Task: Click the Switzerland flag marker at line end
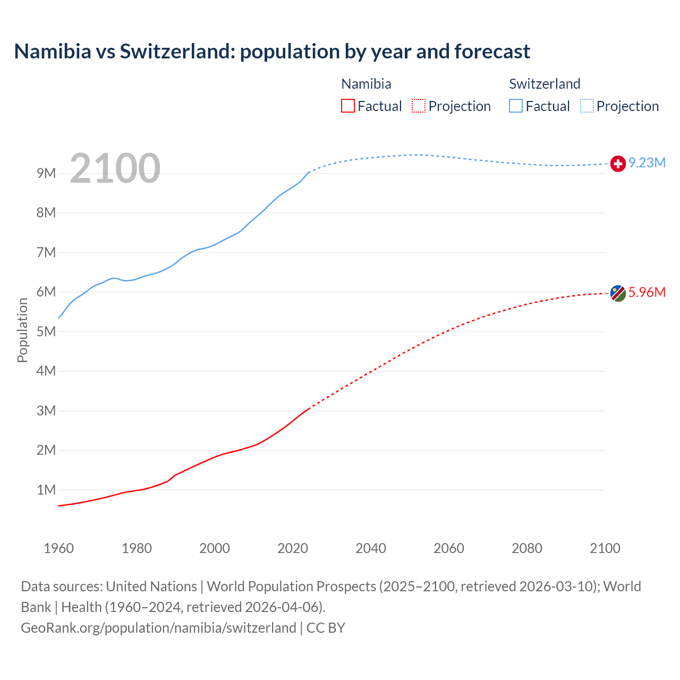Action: (x=618, y=164)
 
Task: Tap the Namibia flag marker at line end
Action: (x=618, y=293)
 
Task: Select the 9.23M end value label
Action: (x=647, y=163)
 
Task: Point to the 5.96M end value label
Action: (x=647, y=293)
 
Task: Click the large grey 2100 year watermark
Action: (x=115, y=168)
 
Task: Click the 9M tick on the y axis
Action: (x=46, y=174)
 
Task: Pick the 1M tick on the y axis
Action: (x=46, y=490)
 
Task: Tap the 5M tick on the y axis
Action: (x=46, y=331)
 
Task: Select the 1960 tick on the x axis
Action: (x=58, y=548)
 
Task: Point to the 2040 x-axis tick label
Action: (x=371, y=548)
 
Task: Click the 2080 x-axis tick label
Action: (x=527, y=548)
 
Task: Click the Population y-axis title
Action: (x=22, y=330)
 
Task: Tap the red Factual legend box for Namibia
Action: (x=347, y=106)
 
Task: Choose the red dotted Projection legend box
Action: (x=419, y=106)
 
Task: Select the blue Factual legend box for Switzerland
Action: (x=516, y=106)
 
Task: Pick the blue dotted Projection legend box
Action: (x=587, y=106)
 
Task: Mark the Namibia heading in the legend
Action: (x=366, y=84)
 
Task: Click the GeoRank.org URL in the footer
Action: (x=158, y=628)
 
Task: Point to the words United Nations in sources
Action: (x=151, y=586)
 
